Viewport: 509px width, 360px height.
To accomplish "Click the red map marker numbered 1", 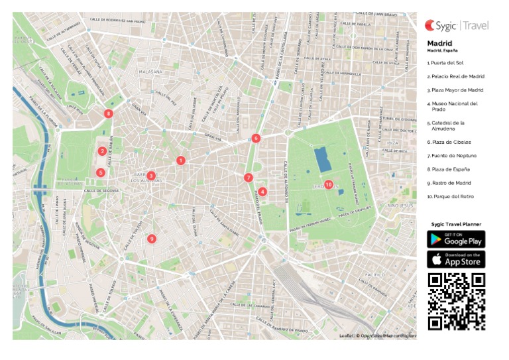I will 180,160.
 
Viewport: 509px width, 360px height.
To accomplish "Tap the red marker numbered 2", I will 102,151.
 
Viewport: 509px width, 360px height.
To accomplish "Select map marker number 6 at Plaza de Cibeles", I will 256,139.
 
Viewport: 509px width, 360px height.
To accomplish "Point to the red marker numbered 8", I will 109,113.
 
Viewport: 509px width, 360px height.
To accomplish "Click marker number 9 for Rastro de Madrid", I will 152,239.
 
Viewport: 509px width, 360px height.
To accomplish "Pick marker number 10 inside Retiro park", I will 329,185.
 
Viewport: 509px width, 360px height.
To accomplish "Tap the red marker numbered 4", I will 263,192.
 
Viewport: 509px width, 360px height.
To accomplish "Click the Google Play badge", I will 456,239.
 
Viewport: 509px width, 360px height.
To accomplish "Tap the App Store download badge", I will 456,259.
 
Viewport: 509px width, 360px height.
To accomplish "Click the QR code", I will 456,301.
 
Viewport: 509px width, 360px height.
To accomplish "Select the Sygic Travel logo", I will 457,26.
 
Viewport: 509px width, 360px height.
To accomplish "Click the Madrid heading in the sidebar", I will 439,43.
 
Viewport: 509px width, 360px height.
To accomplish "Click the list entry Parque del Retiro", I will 451,196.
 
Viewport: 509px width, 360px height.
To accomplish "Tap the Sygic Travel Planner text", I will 456,225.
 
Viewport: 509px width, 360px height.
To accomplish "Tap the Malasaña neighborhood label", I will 151,71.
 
